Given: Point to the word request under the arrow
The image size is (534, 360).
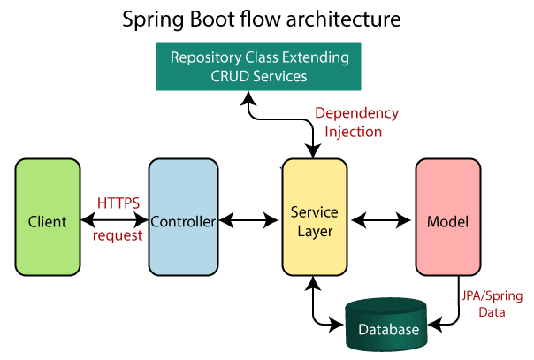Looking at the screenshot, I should pos(118,236).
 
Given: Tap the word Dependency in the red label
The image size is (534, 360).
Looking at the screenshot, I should pos(357,113).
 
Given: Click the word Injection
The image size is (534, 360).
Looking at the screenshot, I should pos(353,131).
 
